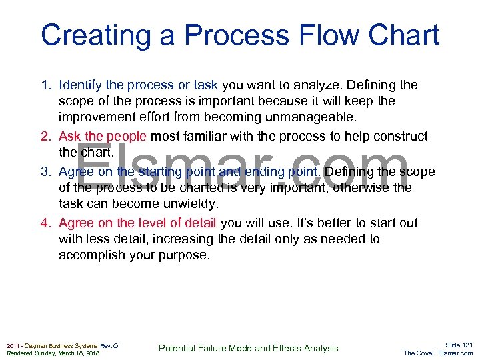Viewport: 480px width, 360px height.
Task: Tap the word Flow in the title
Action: pyautogui.click(x=299, y=35)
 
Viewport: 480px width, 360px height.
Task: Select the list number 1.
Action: pyautogui.click(x=45, y=85)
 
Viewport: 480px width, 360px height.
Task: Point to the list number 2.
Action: pyautogui.click(x=45, y=137)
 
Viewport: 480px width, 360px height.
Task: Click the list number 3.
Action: pyautogui.click(x=45, y=171)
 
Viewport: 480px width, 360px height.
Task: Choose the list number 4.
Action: pyautogui.click(x=45, y=223)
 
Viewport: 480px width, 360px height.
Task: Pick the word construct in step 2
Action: pyautogui.click(x=397, y=137)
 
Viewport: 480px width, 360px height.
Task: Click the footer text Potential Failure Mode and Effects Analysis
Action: pyautogui.click(x=248, y=348)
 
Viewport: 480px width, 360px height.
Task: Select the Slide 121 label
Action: pyautogui.click(x=459, y=345)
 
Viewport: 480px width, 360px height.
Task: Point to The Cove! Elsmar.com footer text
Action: pyautogui.click(x=438, y=353)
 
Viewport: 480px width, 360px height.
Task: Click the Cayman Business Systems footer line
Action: pyautogui.click(x=62, y=345)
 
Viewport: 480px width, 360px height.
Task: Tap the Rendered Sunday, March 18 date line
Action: pyautogui.click(x=52, y=353)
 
